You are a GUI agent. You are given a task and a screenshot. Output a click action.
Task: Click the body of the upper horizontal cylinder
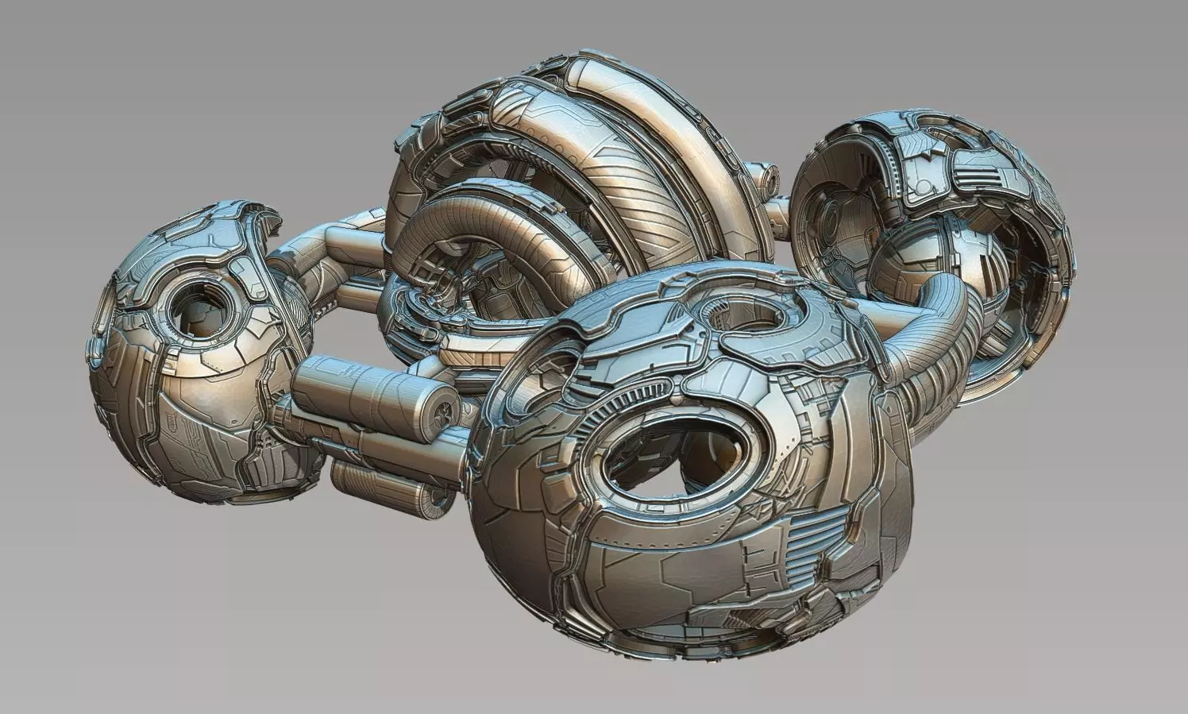357,381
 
